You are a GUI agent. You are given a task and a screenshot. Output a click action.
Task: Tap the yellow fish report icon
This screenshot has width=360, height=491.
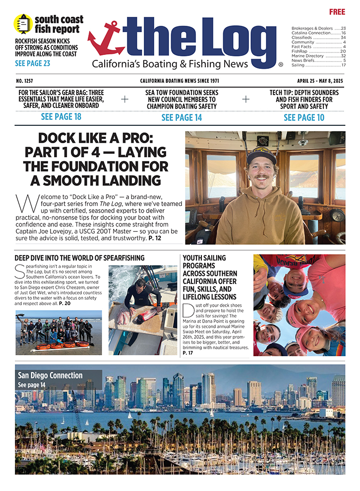22,24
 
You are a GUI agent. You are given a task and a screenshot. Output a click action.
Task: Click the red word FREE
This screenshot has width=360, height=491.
337,11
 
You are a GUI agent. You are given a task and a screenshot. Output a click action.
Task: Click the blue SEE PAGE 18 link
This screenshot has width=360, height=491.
60,117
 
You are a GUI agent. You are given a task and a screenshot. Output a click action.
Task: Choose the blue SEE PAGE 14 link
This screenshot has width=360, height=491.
181,117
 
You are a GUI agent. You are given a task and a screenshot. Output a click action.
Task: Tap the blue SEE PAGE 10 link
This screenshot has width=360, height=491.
304,117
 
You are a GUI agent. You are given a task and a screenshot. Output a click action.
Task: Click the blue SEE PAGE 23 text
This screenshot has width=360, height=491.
32,63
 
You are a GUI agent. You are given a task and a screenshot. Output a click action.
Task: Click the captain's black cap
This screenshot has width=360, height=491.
261,154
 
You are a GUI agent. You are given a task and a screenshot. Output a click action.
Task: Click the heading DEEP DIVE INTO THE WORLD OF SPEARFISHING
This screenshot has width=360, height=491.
80,258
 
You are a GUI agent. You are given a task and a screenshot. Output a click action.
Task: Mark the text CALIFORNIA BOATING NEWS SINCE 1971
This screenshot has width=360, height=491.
180,81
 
